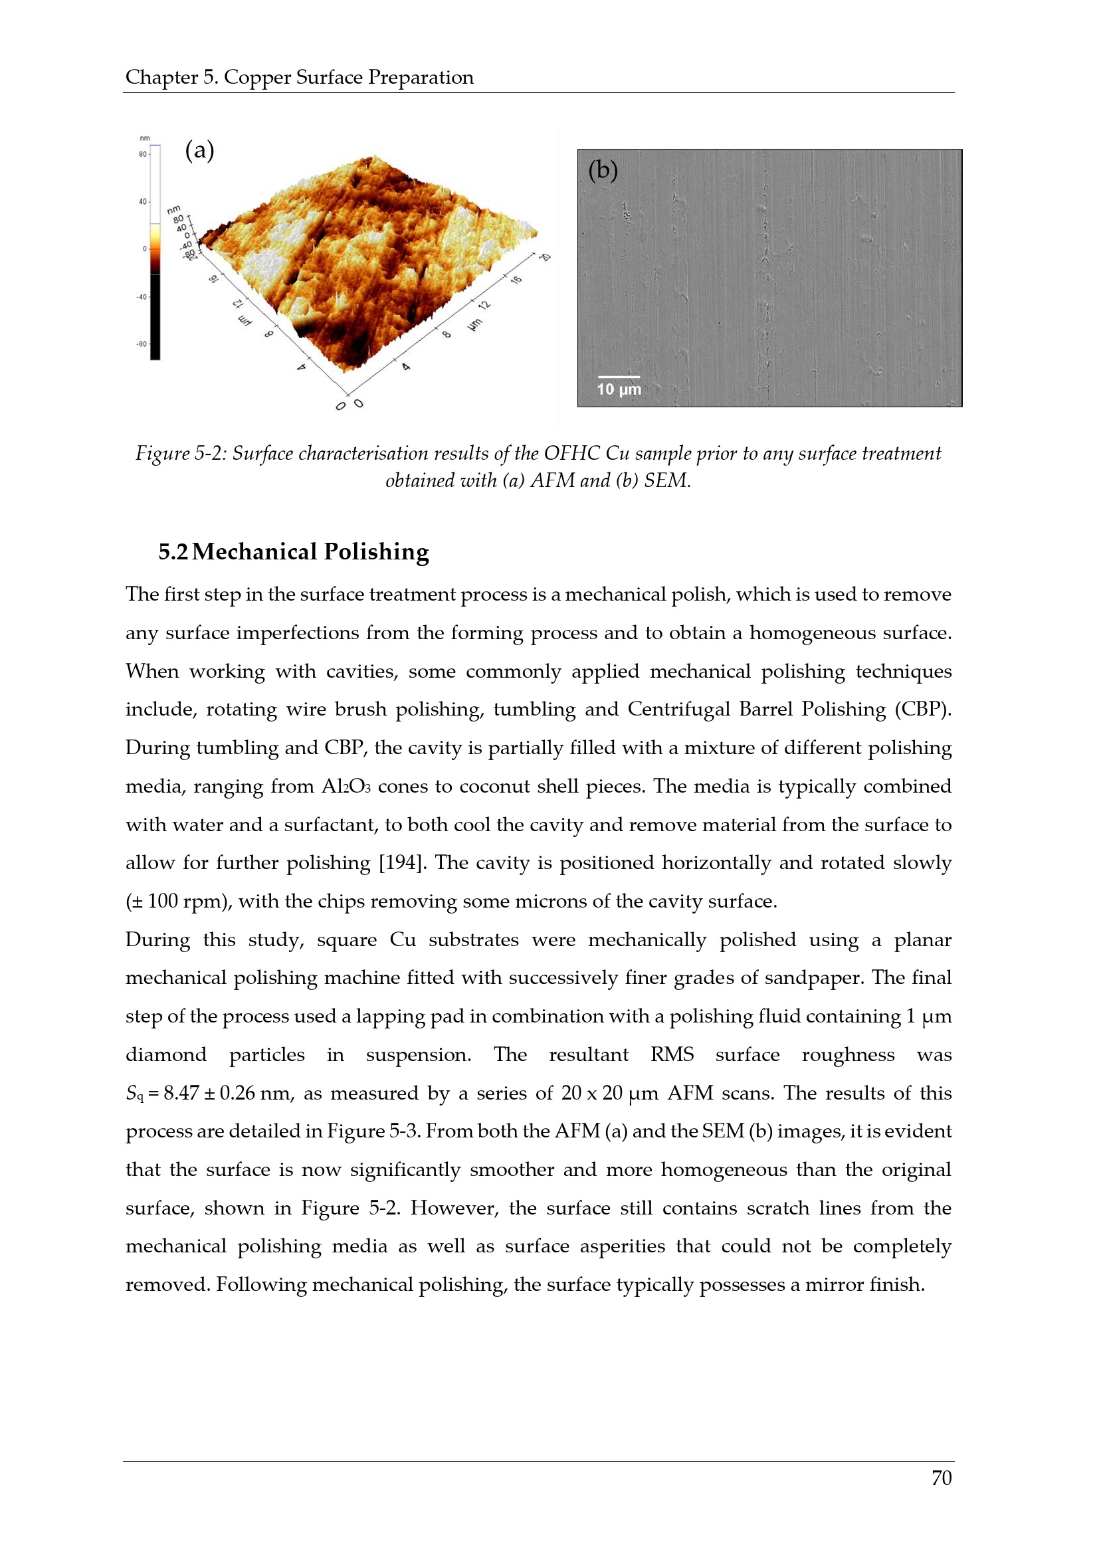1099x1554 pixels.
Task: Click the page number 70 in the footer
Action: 941,1478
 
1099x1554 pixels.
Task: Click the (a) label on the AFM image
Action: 199,150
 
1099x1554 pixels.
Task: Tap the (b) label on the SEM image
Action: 603,170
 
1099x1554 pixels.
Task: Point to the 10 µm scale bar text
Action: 619,389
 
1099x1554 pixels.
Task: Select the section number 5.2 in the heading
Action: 173,551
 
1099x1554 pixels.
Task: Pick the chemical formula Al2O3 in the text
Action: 346,787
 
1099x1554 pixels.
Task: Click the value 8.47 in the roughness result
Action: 181,1093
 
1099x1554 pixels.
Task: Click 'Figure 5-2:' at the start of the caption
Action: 181,454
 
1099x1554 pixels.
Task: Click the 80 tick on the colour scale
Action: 143,154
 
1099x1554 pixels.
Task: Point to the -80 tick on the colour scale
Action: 142,344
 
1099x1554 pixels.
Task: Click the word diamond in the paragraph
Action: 166,1055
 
